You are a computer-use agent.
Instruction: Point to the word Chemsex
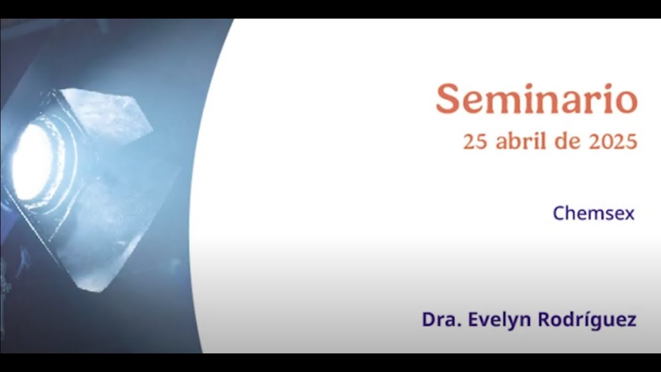pyautogui.click(x=593, y=213)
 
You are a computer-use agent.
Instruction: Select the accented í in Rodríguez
pyautogui.click(x=583, y=319)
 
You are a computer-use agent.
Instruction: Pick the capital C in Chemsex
pyautogui.click(x=558, y=213)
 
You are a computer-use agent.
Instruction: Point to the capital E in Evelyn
pyautogui.click(x=474, y=320)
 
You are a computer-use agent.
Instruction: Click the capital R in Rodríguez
pyautogui.click(x=544, y=320)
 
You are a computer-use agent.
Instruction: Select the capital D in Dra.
pyautogui.click(x=428, y=320)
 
